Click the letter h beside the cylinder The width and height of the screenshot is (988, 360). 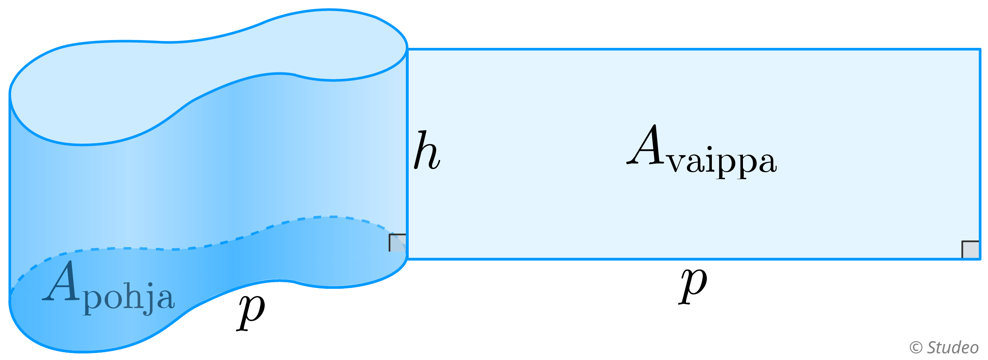click(427, 151)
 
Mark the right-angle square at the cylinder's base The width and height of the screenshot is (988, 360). click(397, 243)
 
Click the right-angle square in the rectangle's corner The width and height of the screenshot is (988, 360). click(970, 250)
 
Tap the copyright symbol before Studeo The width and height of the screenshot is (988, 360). click(916, 348)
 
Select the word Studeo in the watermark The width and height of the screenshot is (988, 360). click(953, 347)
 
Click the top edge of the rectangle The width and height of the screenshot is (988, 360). click(695, 49)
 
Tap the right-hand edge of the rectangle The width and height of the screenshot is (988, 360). click(980, 153)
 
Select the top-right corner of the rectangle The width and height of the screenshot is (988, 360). click(980, 49)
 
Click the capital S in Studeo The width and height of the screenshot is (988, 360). click(933, 347)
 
